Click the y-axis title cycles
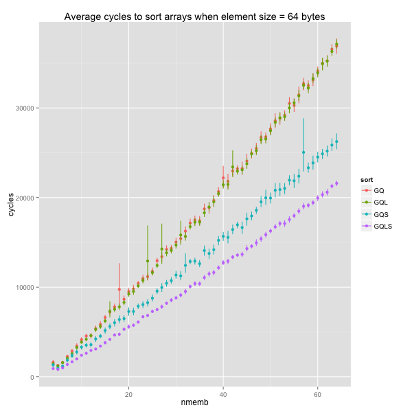tap(11, 203)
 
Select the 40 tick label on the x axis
tap(223, 395)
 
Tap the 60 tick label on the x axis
tap(317, 395)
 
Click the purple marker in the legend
tap(374, 226)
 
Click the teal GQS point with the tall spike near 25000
tap(304, 152)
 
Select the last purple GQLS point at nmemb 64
tap(336, 183)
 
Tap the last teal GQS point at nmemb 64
tap(336, 141)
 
